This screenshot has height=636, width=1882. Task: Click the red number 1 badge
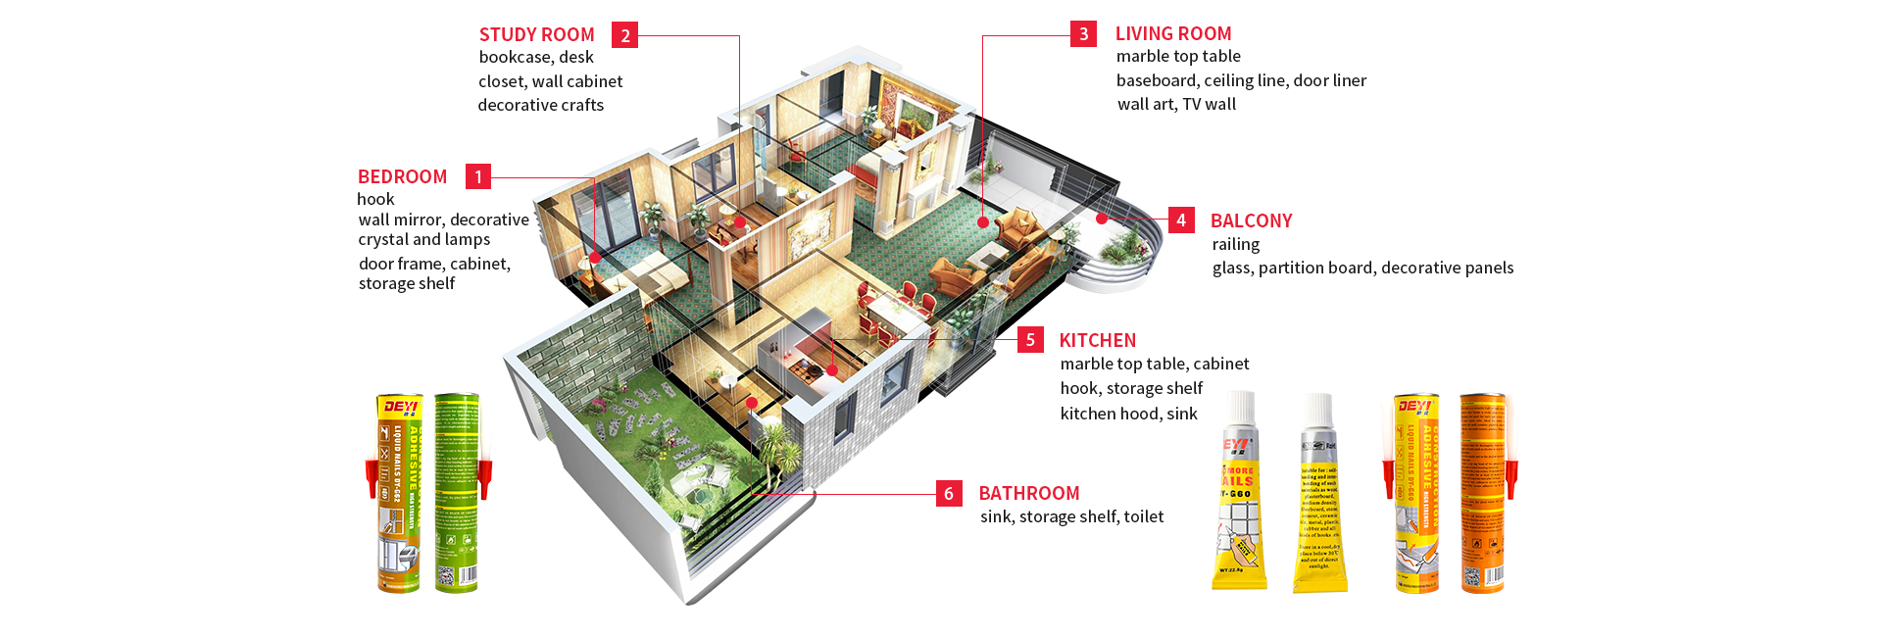pyautogui.click(x=478, y=176)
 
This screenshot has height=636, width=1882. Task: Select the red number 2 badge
pyautogui.click(x=624, y=35)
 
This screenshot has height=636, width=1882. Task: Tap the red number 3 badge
pyautogui.click(x=1083, y=34)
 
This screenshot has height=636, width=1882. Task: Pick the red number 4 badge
pyautogui.click(x=1181, y=220)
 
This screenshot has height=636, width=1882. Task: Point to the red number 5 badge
pyautogui.click(x=1030, y=340)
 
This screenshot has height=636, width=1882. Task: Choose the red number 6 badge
pyautogui.click(x=949, y=493)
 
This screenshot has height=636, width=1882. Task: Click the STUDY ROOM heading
pyautogui.click(x=536, y=34)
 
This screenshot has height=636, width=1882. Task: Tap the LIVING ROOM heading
pyautogui.click(x=1173, y=33)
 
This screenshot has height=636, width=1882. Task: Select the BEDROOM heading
pyautogui.click(x=402, y=176)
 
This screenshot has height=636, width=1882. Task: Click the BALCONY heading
pyautogui.click(x=1251, y=220)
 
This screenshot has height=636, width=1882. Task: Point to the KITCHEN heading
pyautogui.click(x=1097, y=340)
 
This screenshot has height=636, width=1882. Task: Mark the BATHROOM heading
pyautogui.click(x=1028, y=493)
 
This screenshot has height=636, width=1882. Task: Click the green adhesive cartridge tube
pyautogui.click(x=458, y=493)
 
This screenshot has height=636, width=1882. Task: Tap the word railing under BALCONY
pyautogui.click(x=1235, y=244)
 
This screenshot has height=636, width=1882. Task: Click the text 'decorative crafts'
pyautogui.click(x=540, y=105)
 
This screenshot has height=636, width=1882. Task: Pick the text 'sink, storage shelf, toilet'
pyautogui.click(x=1071, y=516)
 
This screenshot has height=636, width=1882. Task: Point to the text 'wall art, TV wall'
pyautogui.click(x=1176, y=104)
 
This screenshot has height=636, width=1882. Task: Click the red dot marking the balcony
pyautogui.click(x=1103, y=219)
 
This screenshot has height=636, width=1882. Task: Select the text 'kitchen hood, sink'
pyautogui.click(x=1128, y=414)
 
